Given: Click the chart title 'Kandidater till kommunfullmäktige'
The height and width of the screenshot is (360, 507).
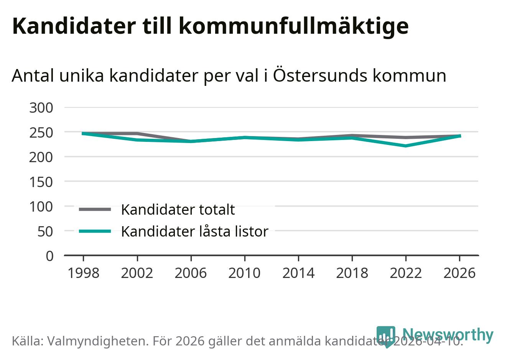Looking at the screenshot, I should click(x=210, y=26).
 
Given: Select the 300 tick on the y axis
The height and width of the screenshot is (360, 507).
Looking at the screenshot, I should click(x=41, y=108).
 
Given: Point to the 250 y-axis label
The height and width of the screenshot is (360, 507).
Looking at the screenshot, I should click(x=41, y=133).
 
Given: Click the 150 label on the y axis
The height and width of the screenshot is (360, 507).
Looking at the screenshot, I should click(x=41, y=182).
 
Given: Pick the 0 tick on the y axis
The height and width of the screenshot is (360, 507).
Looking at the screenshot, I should click(x=49, y=256).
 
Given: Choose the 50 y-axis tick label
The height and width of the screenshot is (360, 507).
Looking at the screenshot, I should click(x=45, y=231).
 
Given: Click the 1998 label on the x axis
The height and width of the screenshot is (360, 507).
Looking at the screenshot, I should click(x=83, y=273).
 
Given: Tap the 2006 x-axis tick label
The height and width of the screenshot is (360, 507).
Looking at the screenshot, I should click(x=191, y=273).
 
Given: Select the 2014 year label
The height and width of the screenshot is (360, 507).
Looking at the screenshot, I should click(x=298, y=273).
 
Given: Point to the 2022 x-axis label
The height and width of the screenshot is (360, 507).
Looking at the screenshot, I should click(x=406, y=273).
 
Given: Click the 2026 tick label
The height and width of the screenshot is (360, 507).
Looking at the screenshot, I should click(x=459, y=273).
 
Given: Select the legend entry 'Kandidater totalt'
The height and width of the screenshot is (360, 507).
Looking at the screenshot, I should click(x=178, y=210).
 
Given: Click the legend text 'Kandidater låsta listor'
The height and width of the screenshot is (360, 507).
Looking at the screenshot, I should click(x=194, y=232).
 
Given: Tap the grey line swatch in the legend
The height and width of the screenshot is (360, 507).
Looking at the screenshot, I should click(x=95, y=209).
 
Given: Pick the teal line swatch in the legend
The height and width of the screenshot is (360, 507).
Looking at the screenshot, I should click(x=95, y=231).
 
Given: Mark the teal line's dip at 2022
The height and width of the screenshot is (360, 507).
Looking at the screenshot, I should click(x=406, y=146).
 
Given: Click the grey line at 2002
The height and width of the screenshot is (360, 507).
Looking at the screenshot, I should click(x=137, y=133).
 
